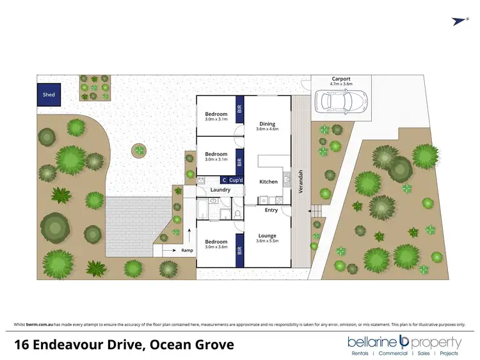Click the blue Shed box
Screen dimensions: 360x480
(49, 95)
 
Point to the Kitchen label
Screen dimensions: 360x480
(268, 182)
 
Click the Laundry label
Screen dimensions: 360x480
(220, 189)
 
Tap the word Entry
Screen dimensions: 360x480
(271, 210)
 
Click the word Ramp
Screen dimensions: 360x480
(187, 251)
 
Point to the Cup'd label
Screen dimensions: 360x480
(236, 180)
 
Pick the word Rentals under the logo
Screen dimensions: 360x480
(360, 353)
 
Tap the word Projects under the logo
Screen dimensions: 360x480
(449, 353)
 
